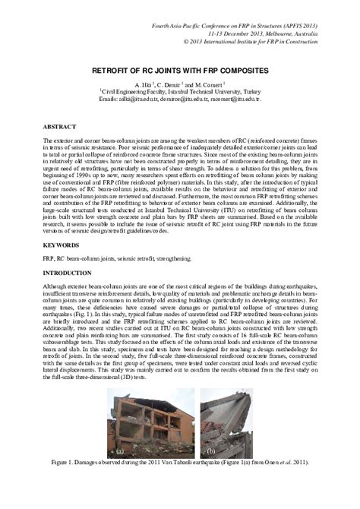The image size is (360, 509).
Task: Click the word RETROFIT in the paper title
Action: tap(131, 70)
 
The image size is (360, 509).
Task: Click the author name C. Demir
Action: tap(183, 84)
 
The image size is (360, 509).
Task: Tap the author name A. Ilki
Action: tap(145, 84)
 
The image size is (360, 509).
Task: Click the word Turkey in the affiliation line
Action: tap(259, 91)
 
